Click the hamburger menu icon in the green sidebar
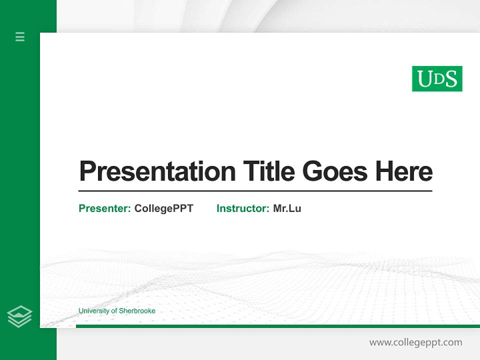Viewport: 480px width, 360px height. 20,36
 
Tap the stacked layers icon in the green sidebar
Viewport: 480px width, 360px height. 19,316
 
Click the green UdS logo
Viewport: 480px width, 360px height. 437,78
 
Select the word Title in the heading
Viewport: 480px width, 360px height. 269,171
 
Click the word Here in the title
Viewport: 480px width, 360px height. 403,171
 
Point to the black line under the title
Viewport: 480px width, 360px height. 255,190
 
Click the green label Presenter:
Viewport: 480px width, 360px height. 104,208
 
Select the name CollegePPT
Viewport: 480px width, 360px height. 163,208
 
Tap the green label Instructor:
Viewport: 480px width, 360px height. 242,208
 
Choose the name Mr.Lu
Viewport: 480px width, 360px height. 287,208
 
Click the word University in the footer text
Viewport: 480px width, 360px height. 93,311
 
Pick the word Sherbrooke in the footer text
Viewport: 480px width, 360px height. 137,311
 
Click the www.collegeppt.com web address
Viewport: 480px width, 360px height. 415,342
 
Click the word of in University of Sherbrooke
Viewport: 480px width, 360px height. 113,311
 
